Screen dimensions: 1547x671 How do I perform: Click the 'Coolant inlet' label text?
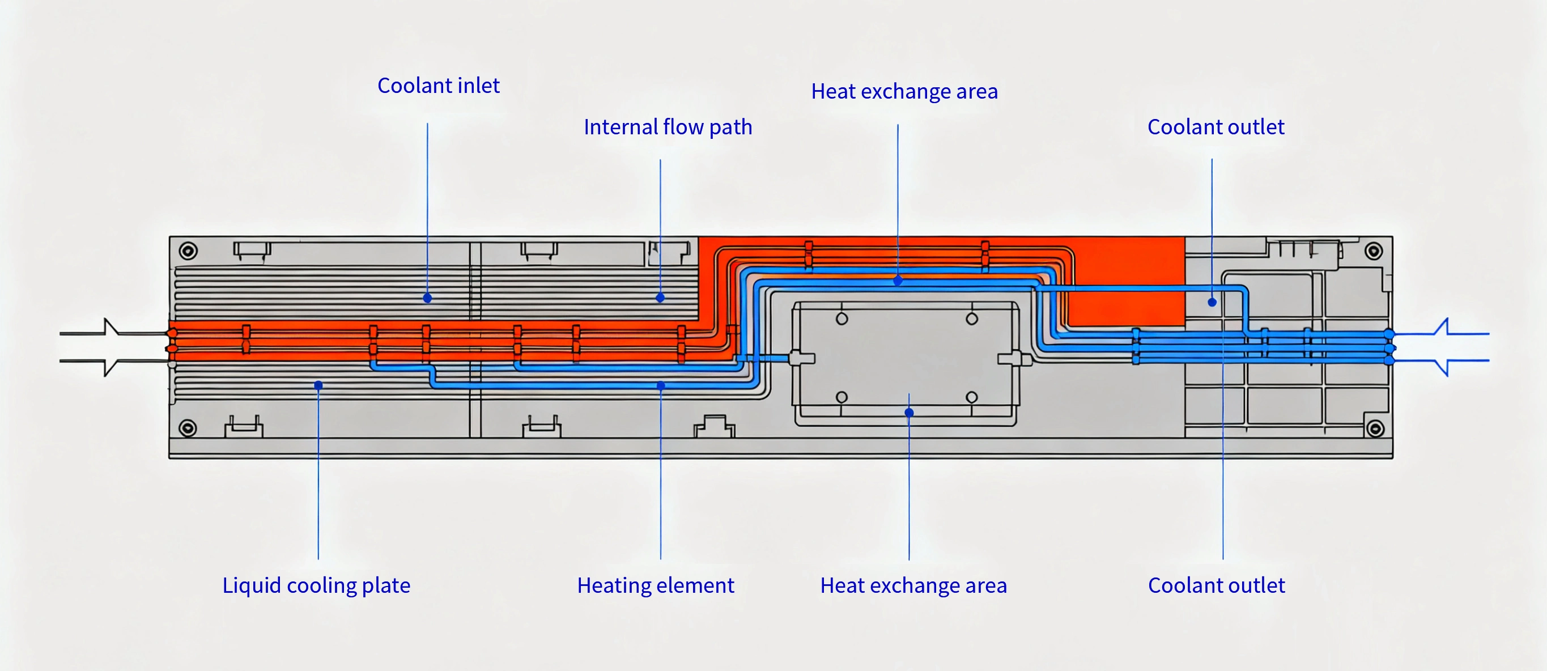pos(439,86)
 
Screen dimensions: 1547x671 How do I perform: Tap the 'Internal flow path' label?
pos(668,128)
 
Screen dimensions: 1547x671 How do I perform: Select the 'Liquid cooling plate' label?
pos(317,585)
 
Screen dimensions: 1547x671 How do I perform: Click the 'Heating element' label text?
pos(655,585)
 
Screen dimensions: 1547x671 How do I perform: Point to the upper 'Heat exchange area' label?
pos(904,91)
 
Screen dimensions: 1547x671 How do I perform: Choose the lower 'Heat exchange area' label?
pos(913,585)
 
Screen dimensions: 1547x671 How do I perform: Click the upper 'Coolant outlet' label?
pos(1215,128)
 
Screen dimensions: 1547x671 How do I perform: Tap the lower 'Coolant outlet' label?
pos(1216,585)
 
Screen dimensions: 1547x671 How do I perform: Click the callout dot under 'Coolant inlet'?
pos(428,298)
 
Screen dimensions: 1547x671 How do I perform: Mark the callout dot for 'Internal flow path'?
pos(660,298)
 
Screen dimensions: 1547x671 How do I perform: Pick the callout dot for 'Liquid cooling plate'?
pos(318,385)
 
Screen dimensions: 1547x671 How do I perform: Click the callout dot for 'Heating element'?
pos(661,386)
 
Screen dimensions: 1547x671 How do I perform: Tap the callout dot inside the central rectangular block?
pos(909,413)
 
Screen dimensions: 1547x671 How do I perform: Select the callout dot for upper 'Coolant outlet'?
pos(1212,302)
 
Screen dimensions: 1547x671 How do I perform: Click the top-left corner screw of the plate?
pos(188,250)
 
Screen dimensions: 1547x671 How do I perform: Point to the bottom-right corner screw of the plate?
pos(1375,428)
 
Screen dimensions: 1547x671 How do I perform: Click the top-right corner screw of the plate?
pos(1374,251)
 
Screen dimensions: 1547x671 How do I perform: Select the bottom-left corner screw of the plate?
pos(188,428)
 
